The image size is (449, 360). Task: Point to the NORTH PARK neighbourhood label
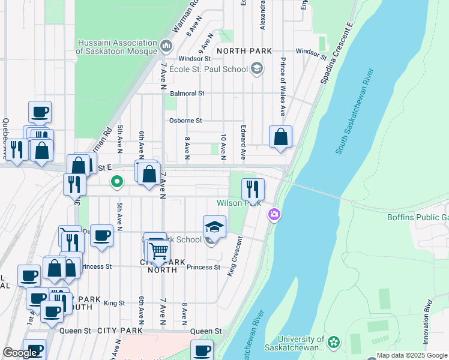[x=244, y=51]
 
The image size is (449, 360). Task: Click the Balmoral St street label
[x=187, y=94]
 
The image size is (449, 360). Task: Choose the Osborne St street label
[x=185, y=121]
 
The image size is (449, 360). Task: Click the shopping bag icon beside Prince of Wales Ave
[x=280, y=137]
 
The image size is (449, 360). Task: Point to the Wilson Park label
[x=238, y=203]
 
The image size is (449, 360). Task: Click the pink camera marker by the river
[x=274, y=214]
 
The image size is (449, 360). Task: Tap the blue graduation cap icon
[x=214, y=227]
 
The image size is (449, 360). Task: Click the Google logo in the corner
[x=20, y=353]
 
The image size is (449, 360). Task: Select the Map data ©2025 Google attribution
[x=412, y=355]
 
